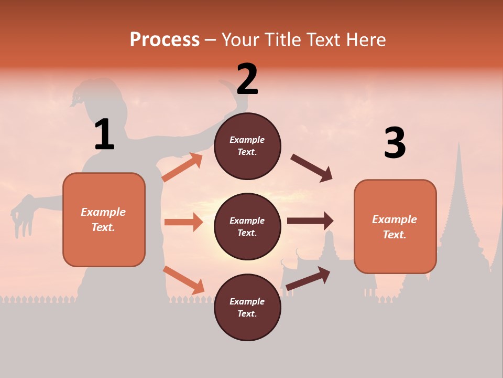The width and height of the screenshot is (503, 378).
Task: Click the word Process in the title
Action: point(165,39)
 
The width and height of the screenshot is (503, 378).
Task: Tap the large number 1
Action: point(104,135)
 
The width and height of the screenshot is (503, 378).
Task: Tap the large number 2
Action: point(247,79)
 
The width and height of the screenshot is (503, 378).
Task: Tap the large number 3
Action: point(395,143)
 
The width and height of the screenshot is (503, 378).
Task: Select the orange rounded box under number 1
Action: point(104,219)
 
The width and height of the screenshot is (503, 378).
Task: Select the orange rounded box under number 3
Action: point(395,227)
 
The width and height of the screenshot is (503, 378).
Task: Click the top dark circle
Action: point(247,146)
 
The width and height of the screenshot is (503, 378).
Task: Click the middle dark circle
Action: point(247,226)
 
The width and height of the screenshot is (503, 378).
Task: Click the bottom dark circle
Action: point(247,307)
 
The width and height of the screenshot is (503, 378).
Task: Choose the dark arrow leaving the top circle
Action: point(312,168)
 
